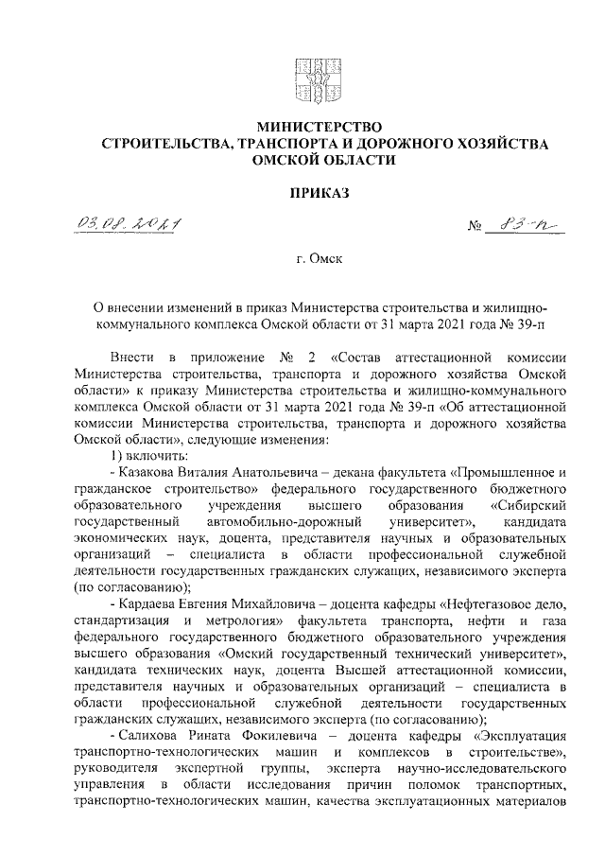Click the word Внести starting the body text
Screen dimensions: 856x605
click(130, 359)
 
